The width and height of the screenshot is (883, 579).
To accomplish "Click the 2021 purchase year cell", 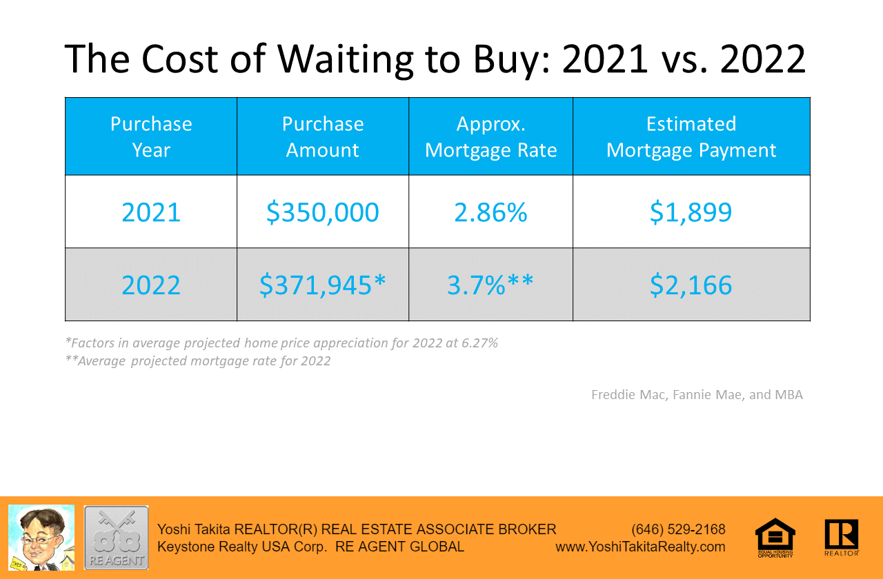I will pyautogui.click(x=151, y=212).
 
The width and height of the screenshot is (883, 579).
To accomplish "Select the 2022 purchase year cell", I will pyautogui.click(x=151, y=285).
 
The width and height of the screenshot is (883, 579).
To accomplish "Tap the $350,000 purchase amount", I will pyautogui.click(x=323, y=212).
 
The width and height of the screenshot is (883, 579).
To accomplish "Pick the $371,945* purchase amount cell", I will pyautogui.click(x=323, y=285).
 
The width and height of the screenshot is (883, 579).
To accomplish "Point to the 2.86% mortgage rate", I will pyautogui.click(x=490, y=212).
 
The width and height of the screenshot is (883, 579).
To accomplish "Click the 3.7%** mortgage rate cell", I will pyautogui.click(x=490, y=285).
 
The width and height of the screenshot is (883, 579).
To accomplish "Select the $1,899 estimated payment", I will pyautogui.click(x=691, y=212).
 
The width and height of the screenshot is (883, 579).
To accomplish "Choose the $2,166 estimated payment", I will pyautogui.click(x=691, y=285).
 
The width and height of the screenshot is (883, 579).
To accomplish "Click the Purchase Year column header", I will pyautogui.click(x=151, y=136).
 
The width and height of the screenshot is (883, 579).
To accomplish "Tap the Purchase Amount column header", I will pyautogui.click(x=323, y=136).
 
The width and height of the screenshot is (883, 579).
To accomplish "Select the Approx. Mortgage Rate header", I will pyautogui.click(x=490, y=136).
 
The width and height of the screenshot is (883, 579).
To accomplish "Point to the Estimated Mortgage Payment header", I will pyautogui.click(x=691, y=136).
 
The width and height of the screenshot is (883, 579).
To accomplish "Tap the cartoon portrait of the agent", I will pyautogui.click(x=41, y=538).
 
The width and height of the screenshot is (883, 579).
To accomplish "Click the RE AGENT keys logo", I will pyautogui.click(x=116, y=538).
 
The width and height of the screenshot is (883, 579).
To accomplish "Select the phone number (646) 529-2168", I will pyautogui.click(x=678, y=529).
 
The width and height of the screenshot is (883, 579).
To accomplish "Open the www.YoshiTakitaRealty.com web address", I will pyautogui.click(x=640, y=547).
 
